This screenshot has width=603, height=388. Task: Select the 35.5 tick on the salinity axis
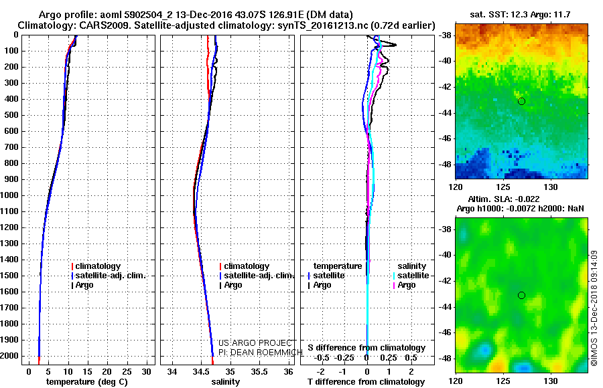coord(259,371)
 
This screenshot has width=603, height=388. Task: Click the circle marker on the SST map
coord(521,101)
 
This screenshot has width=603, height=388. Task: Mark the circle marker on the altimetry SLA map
coord(521,295)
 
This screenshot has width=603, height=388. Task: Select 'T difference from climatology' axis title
coord(366,382)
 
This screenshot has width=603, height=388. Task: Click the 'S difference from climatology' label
coord(366,348)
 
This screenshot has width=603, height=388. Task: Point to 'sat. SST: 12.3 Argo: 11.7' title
coord(521,14)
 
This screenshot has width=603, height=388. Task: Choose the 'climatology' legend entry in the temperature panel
coord(97,266)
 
